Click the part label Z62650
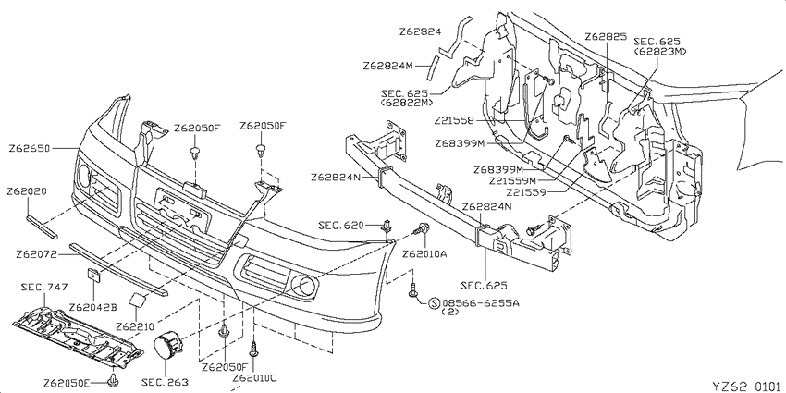(x=29, y=149)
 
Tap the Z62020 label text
(x=27, y=191)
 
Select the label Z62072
(x=36, y=254)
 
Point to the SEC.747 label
(x=44, y=288)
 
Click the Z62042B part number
(x=92, y=307)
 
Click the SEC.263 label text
(x=165, y=383)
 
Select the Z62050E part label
(x=68, y=383)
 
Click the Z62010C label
(x=254, y=376)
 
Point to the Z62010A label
(x=424, y=253)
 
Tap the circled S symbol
(x=434, y=303)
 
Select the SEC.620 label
(x=341, y=226)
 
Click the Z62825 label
(x=606, y=37)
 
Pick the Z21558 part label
(x=454, y=120)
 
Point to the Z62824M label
(x=388, y=66)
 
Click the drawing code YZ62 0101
(x=747, y=386)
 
